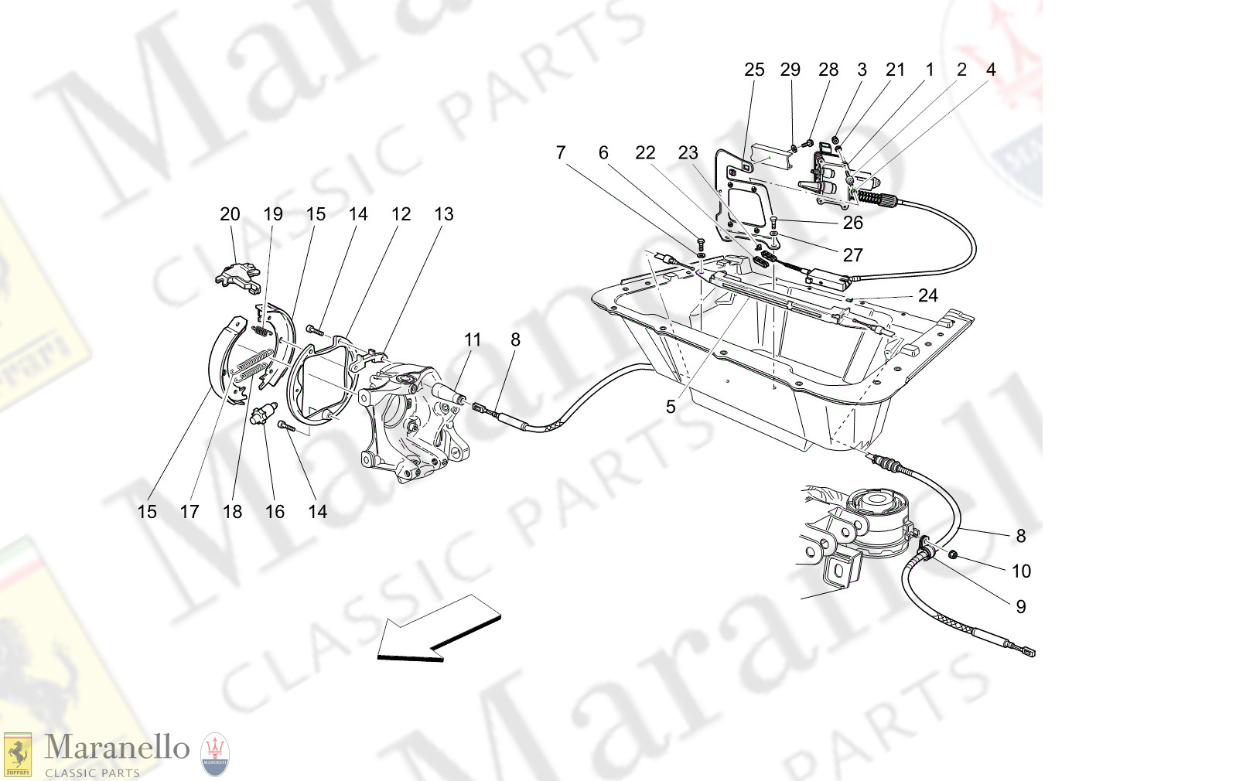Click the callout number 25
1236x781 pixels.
753,70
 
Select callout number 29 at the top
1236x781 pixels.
790,70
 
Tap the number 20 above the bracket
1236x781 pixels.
230,214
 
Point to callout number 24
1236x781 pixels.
927,295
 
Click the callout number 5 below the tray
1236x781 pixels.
671,407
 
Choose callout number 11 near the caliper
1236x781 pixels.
472,339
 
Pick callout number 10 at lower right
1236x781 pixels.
1021,571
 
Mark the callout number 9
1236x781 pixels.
1021,607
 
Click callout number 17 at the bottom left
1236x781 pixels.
189,512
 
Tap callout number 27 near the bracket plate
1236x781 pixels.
852,255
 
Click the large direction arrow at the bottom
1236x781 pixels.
437,628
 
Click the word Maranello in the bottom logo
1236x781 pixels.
117,748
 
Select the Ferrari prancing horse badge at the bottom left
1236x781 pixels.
17,755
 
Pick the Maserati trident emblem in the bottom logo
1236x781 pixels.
215,753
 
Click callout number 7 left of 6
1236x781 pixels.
561,153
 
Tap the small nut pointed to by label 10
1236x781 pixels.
954,554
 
